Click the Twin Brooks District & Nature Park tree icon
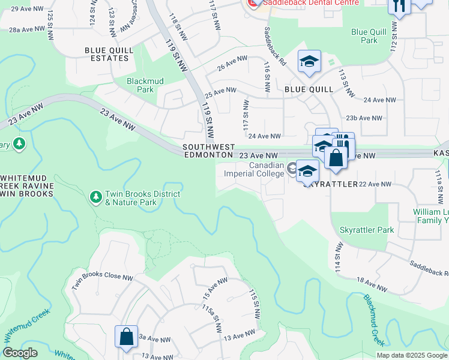point(95,197)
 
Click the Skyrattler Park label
point(366,230)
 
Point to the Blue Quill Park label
point(365,36)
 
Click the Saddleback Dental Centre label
point(310,2)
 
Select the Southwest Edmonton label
point(208,151)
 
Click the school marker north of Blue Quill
point(310,62)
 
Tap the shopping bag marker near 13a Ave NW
point(127,337)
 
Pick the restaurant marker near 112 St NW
point(399,6)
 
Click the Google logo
point(20,353)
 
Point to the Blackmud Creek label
point(374,320)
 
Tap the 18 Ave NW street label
point(369,284)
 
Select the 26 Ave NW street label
point(232,63)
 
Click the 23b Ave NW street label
point(368,118)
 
